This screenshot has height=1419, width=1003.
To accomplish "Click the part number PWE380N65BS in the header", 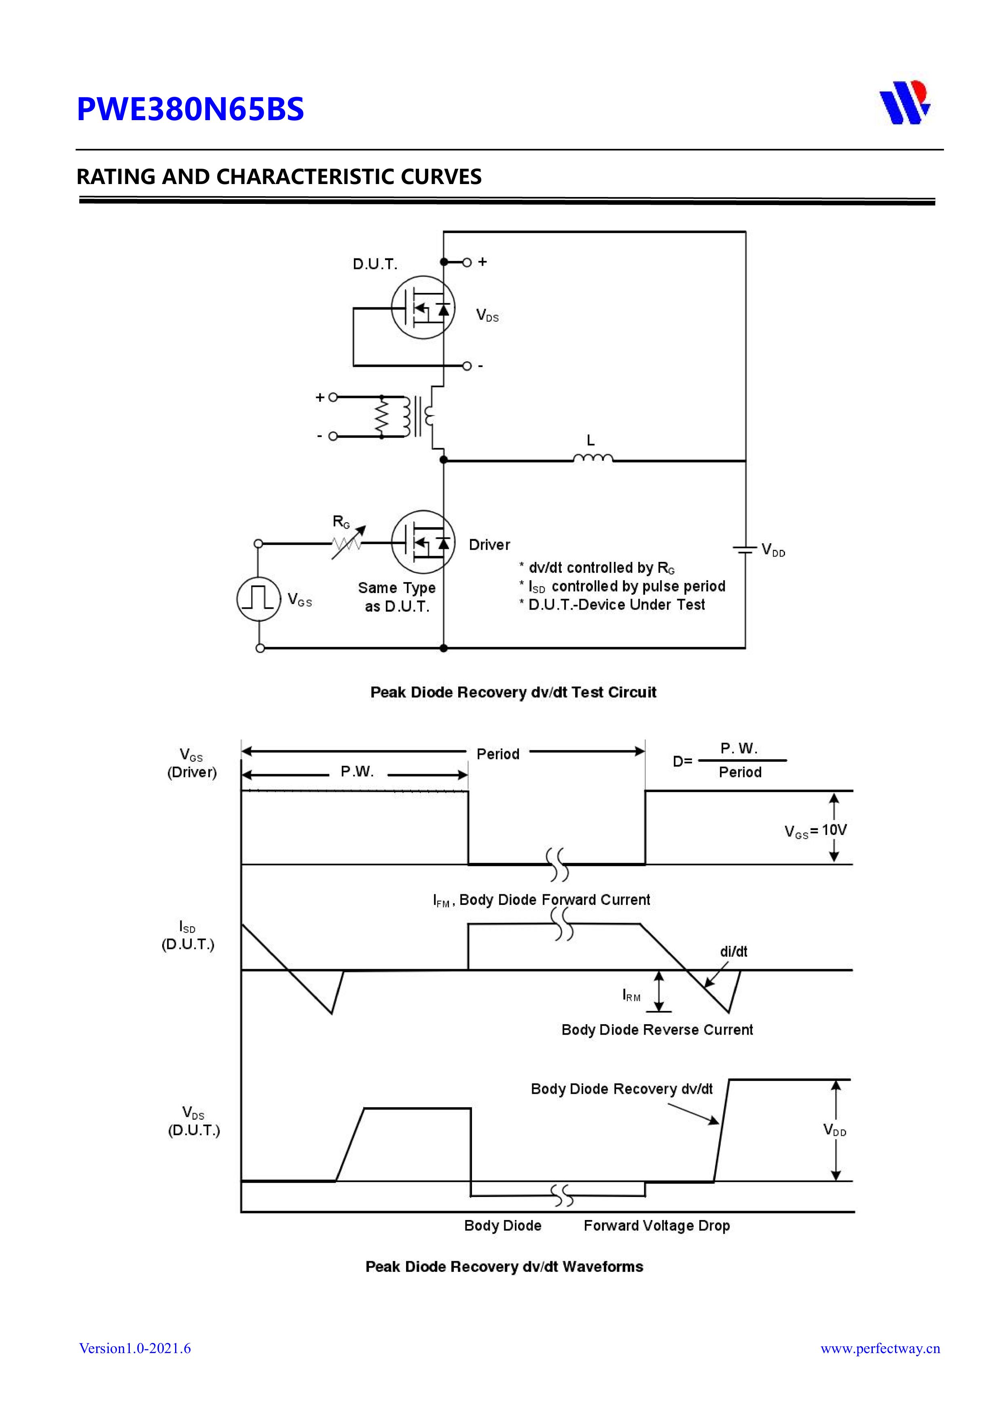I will [x=190, y=109].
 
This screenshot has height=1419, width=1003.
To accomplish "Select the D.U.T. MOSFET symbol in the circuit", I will [x=423, y=307].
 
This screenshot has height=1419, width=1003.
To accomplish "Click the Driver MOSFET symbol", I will [x=423, y=542].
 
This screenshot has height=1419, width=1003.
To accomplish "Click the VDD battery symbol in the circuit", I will [x=745, y=549].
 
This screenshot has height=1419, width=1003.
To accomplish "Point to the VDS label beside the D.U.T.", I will [x=487, y=316].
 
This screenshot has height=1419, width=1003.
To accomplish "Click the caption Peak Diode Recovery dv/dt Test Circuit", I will [x=513, y=692].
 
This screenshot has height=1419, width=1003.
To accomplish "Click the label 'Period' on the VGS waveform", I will [x=497, y=754].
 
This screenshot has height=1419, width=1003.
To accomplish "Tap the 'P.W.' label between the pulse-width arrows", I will [x=357, y=772].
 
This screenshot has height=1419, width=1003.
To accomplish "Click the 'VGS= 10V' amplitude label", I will [x=815, y=830].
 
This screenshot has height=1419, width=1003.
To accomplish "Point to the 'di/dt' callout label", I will [x=734, y=952].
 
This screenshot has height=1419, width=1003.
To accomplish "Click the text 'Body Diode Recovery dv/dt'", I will [x=621, y=1089].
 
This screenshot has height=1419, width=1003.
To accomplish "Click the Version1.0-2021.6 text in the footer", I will [x=135, y=1348].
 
